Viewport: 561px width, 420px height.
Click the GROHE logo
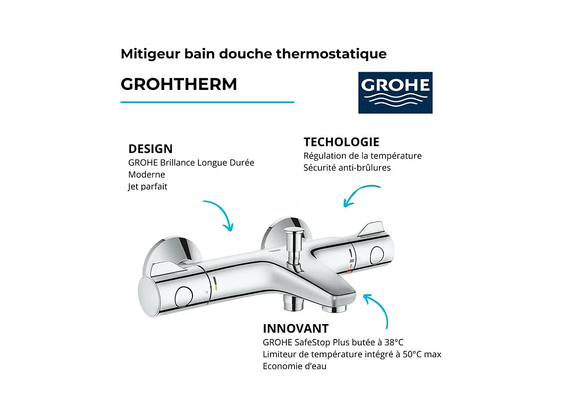pyautogui.click(x=395, y=92)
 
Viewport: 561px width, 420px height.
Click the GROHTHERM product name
pyautogui.click(x=179, y=84)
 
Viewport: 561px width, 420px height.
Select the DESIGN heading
pyautogui.click(x=150, y=149)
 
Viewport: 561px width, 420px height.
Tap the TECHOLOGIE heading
pyautogui.click(x=341, y=142)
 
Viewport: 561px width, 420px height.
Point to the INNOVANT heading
pyautogui.click(x=295, y=329)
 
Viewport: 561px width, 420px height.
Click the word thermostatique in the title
pyautogui.click(x=331, y=54)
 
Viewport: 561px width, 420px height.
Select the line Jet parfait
pyautogui.click(x=147, y=187)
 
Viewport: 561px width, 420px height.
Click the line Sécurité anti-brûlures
pyautogui.click(x=347, y=168)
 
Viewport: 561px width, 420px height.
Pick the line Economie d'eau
pyautogui.click(x=294, y=366)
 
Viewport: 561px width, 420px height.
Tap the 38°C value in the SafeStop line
pyautogui.click(x=394, y=342)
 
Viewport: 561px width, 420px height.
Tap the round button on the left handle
pyautogui.click(x=184, y=297)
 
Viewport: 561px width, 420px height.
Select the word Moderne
pyautogui.click(x=147, y=174)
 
